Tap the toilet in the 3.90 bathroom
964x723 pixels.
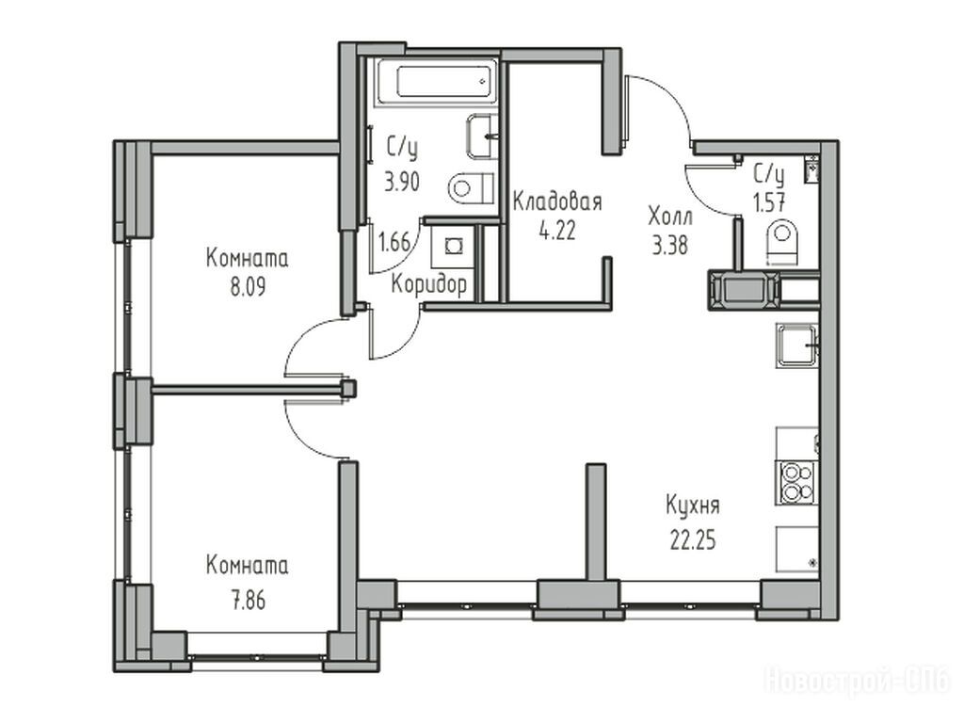tap(472, 188)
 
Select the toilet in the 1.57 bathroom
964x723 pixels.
tap(782, 243)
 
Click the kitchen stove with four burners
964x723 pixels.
tap(796, 482)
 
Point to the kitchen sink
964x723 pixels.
tap(797, 345)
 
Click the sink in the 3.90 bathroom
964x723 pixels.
tap(482, 136)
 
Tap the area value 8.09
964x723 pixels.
tap(248, 287)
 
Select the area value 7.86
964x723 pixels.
tap(249, 600)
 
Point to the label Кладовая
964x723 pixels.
tap(557, 201)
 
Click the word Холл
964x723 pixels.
tap(670, 217)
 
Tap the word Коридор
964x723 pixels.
tap(429, 284)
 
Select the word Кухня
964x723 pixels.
tap(693, 506)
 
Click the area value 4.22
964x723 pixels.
tap(557, 232)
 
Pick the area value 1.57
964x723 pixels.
tap(769, 202)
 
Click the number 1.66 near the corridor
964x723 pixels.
tap(394, 243)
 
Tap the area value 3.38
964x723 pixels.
tap(669, 246)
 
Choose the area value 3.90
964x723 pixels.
tap(402, 182)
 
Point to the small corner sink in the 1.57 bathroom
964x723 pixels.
tap(811, 169)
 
